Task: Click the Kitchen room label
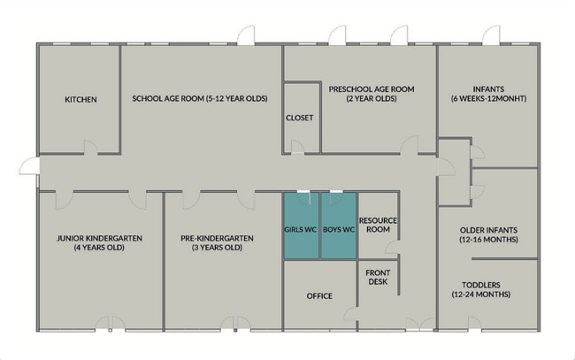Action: coord(80,99)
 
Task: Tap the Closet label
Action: coord(300,118)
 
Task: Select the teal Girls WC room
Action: coord(301,226)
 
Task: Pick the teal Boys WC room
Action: coord(339,226)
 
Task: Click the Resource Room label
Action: coord(378,225)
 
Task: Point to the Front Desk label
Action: coord(378,277)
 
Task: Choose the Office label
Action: coord(319,295)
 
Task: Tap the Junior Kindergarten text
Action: coord(99,238)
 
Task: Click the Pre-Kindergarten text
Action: coord(217,238)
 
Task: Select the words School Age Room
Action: coord(168,98)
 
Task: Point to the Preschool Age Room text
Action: coord(372,89)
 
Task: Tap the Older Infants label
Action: coord(488,230)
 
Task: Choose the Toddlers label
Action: coord(480,285)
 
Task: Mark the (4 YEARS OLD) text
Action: coord(99,248)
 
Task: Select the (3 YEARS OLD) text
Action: coord(217,248)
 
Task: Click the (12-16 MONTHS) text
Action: coord(488,240)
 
